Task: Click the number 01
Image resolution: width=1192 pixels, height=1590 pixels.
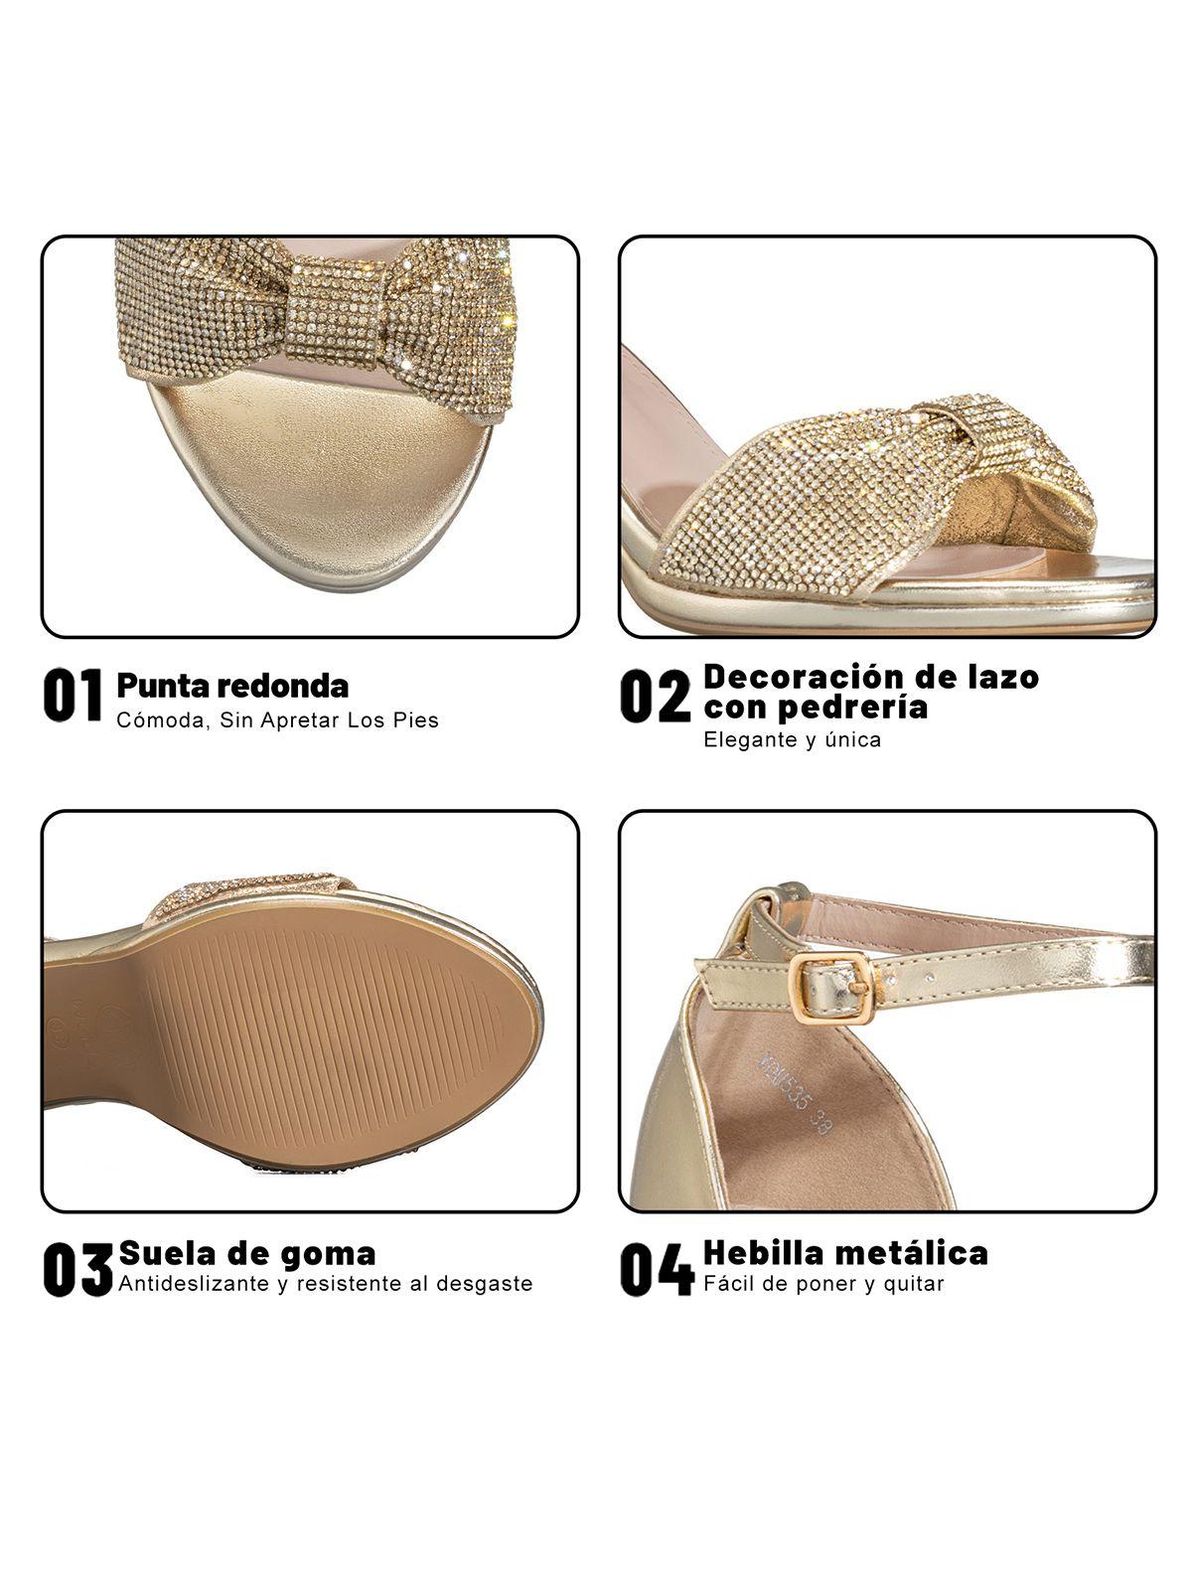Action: (x=73, y=695)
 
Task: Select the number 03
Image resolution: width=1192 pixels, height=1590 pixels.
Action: (x=77, y=1269)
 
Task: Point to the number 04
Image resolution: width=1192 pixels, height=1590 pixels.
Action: (x=656, y=1269)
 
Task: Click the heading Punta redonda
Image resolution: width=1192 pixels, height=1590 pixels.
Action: (x=232, y=685)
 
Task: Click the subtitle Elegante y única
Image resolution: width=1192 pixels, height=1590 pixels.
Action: (x=792, y=739)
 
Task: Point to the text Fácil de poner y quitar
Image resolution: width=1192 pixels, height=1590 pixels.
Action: (x=822, y=1283)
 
